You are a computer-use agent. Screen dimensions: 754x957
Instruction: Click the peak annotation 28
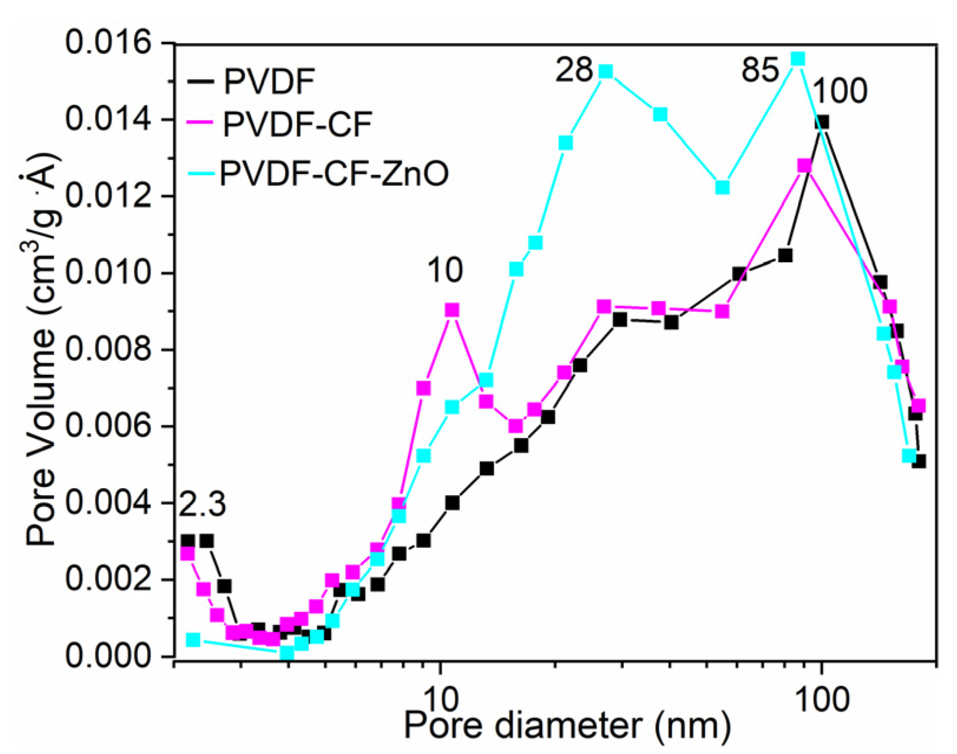[573, 70]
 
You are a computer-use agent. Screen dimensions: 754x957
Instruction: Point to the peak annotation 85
[760, 71]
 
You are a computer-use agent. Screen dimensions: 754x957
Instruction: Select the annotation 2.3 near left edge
[202, 505]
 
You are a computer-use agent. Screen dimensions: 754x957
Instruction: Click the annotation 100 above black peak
[840, 91]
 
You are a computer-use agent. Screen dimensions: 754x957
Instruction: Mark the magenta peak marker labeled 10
[452, 310]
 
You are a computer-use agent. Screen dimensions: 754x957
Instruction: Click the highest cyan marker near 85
[798, 59]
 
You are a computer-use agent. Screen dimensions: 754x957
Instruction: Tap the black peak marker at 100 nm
[821, 122]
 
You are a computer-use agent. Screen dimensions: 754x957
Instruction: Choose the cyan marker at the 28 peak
[606, 72]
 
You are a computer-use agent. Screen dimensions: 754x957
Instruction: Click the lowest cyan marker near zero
[287, 653]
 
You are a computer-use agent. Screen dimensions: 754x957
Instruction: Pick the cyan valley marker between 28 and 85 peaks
[722, 187]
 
